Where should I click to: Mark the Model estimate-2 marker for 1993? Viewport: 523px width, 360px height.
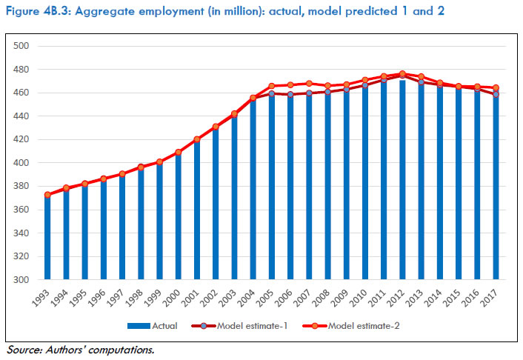(x=47, y=195)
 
